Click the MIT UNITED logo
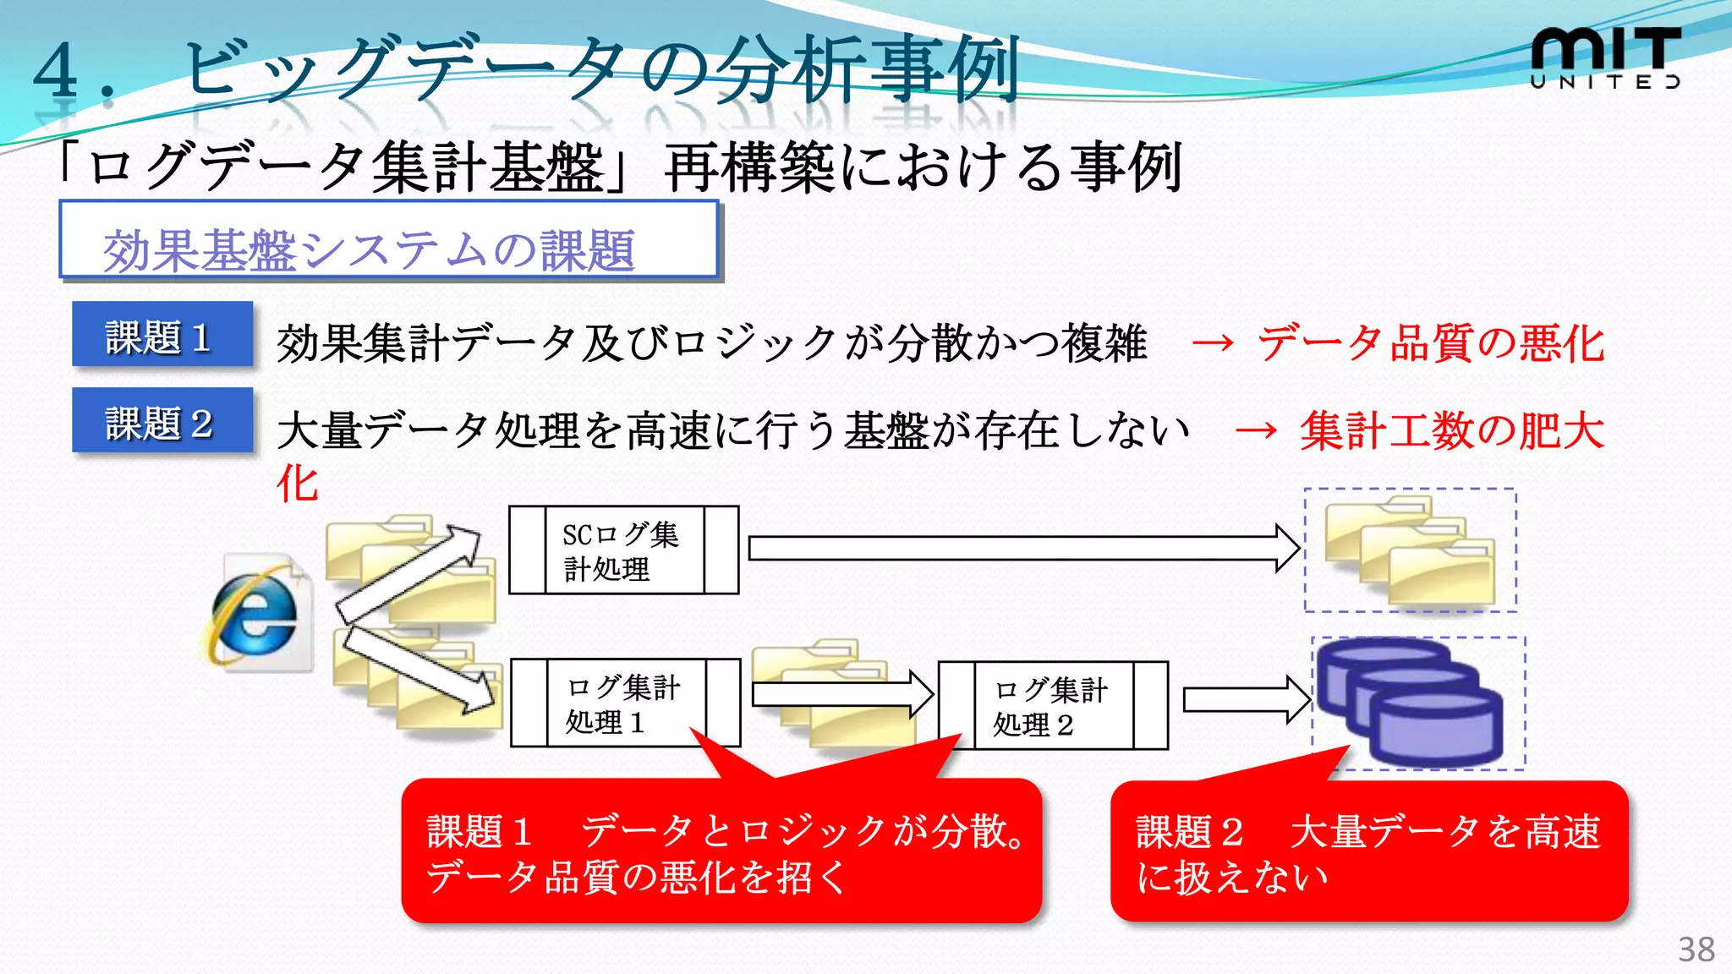tap(1605, 57)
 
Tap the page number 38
tap(1696, 949)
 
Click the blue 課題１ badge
tap(162, 336)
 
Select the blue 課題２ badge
tap(162, 421)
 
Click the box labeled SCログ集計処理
tap(623, 550)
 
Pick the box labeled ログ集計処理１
tap(625, 703)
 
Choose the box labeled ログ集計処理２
tap(1053, 706)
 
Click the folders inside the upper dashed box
tap(1410, 550)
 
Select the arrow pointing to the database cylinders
tap(1245, 700)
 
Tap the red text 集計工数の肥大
tap(1451, 431)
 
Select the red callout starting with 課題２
tap(1368, 852)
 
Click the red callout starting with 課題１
tap(721, 852)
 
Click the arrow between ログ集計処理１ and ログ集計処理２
tap(841, 694)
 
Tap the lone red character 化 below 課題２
tap(298, 484)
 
